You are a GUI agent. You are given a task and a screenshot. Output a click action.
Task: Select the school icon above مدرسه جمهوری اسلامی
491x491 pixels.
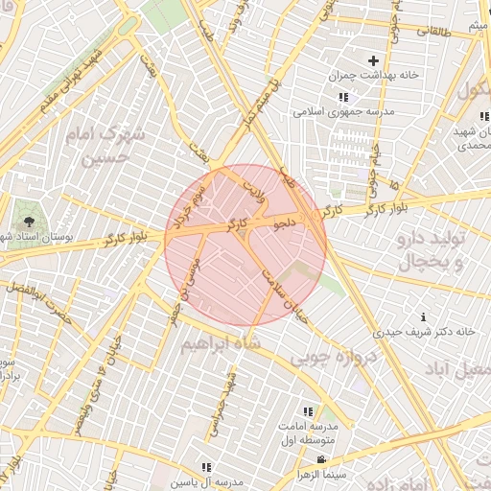[343, 97]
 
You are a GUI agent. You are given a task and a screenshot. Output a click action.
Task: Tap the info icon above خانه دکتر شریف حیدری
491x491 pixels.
[423, 316]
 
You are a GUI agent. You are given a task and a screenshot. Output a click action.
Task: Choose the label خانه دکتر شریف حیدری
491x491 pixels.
[425, 332]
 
